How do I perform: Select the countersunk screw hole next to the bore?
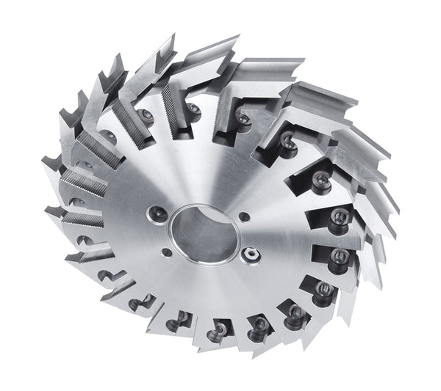pos(155,213)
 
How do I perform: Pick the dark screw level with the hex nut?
pos(340,257)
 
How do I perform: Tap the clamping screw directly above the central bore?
pos(193,110)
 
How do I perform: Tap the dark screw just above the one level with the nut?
pos(339,216)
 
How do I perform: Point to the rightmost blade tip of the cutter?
pos(401,213)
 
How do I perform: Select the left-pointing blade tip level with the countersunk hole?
pos(46,212)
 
